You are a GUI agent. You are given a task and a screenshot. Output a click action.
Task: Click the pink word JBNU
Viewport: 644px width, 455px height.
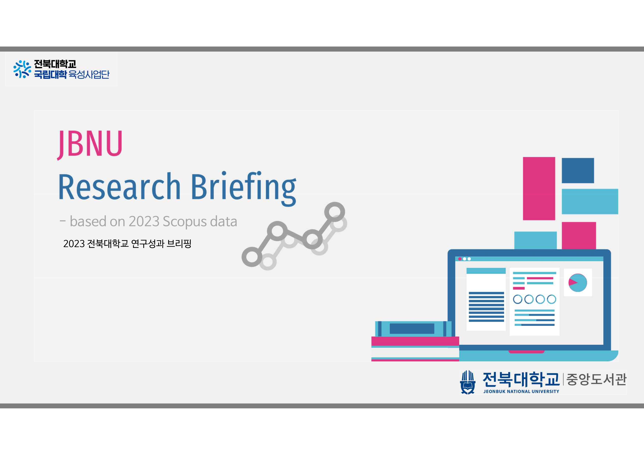tap(90, 144)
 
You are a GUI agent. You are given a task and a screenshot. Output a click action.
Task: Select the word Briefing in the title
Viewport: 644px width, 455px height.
tap(244, 188)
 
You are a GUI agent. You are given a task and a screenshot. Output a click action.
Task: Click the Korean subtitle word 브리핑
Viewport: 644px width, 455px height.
tap(179, 244)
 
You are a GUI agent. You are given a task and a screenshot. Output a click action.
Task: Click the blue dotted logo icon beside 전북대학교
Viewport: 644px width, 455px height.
tap(22, 69)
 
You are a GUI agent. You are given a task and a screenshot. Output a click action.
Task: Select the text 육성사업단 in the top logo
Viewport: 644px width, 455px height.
tap(89, 74)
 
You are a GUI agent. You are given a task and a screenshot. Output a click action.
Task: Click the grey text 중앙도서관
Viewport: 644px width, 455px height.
tap(596, 379)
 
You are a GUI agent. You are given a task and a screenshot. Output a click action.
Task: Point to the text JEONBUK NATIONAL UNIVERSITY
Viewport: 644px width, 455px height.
tap(521, 391)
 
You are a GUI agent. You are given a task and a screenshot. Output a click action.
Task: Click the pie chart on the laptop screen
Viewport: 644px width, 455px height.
tap(577, 283)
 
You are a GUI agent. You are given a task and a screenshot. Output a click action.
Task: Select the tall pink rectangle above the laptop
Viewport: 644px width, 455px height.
tap(539, 188)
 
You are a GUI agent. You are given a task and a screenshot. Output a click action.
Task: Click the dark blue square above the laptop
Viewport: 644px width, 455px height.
tap(578, 170)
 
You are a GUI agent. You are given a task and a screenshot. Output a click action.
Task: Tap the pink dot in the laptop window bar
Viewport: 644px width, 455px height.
tap(460, 259)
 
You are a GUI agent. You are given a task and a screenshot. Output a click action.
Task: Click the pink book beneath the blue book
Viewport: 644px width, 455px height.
tap(415, 341)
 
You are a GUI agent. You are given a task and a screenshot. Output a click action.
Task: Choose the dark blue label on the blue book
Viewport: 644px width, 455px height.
tap(412, 328)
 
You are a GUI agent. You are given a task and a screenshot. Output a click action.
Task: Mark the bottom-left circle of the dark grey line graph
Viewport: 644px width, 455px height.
tap(252, 257)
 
